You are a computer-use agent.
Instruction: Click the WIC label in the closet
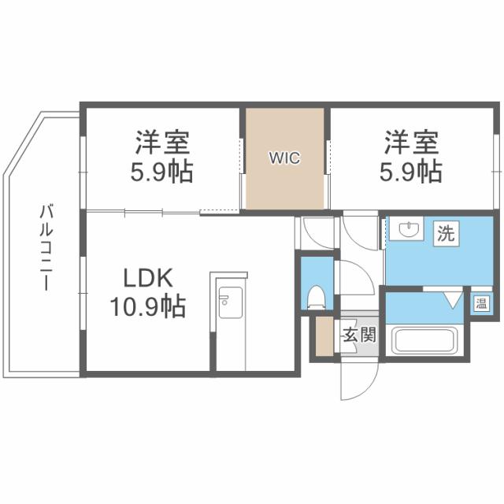point(284,157)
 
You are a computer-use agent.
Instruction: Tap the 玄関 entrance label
point(358,335)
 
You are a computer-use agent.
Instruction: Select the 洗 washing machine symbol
point(446,233)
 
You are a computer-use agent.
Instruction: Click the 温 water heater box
point(479,303)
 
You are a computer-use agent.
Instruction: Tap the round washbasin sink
point(409,230)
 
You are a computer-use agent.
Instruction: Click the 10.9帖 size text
point(146,306)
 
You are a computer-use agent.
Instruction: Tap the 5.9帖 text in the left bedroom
point(161,171)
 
